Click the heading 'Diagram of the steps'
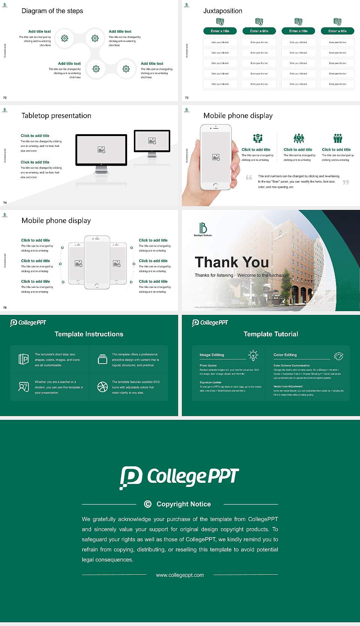52,11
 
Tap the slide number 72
5,98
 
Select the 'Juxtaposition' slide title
222,11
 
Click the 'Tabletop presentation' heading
56,115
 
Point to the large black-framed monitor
101,150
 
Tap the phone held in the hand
216,157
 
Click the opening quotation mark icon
249,177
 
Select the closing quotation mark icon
346,182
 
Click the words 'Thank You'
232,262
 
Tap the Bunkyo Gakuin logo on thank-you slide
203,229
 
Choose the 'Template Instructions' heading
89,334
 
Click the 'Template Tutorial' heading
271,334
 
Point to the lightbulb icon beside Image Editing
253,355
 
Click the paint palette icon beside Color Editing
339,356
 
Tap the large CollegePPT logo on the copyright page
179,477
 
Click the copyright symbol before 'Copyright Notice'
148,504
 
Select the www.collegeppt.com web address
180,575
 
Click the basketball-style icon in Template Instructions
102,387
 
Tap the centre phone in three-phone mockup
97,262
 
